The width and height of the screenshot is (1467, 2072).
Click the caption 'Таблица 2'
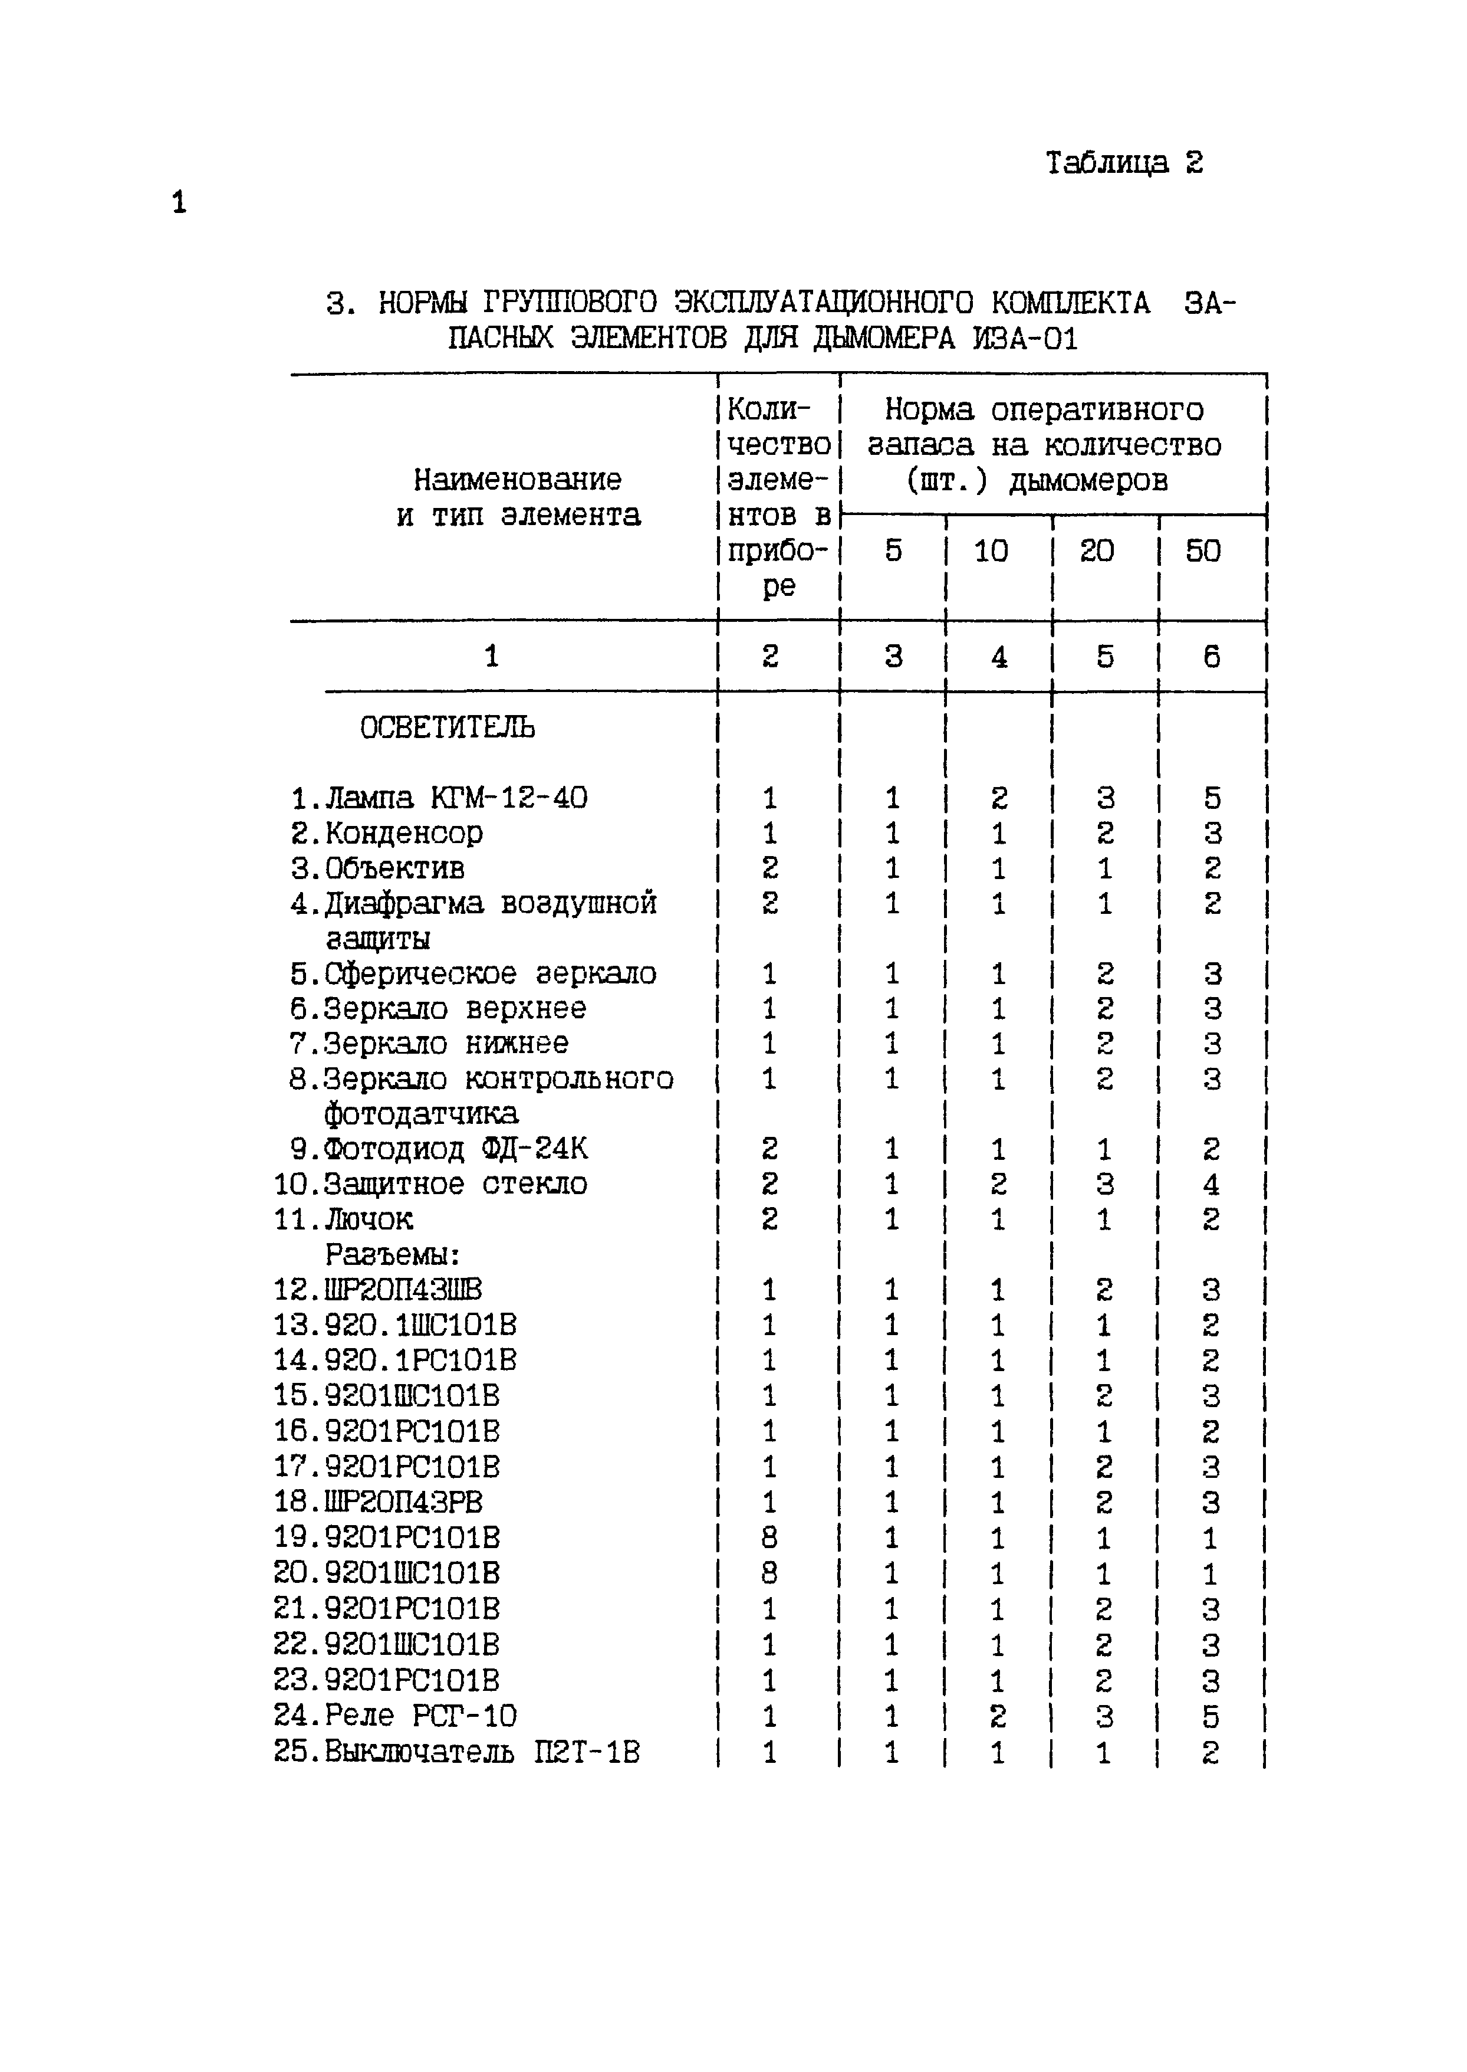click(1124, 163)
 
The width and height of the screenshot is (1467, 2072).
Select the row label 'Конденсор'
click(404, 833)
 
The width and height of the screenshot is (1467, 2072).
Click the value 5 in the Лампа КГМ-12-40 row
click(1211, 798)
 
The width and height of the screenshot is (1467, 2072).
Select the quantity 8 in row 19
click(769, 1537)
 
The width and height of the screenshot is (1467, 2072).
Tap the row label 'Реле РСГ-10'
click(420, 1715)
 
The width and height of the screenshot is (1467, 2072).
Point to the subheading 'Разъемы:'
click(393, 1255)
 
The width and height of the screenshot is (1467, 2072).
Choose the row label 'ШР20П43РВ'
click(403, 1502)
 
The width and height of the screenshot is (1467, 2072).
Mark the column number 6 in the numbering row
click(1211, 657)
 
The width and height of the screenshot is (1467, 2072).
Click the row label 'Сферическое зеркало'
click(489, 974)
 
